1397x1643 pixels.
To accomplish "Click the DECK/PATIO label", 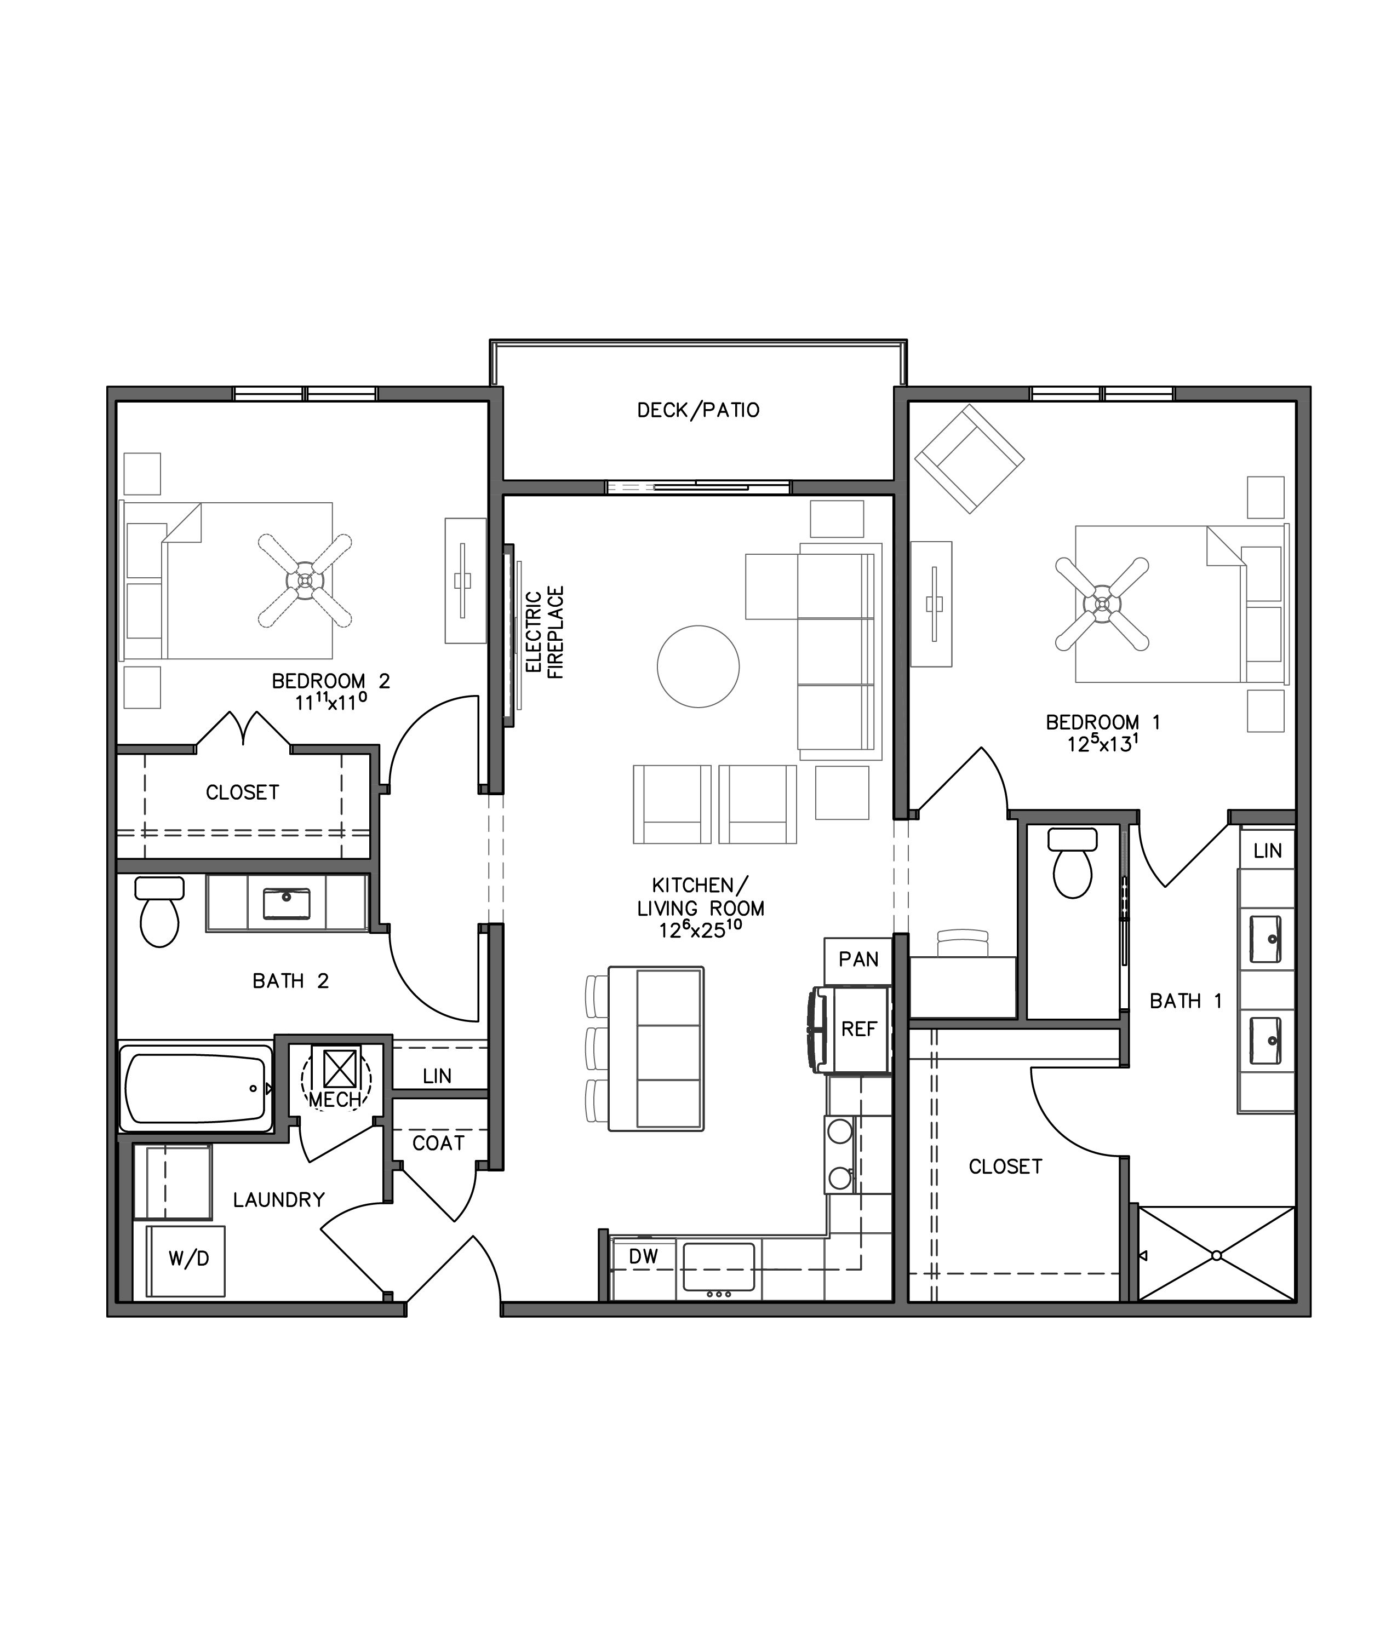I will pyautogui.click(x=698, y=410).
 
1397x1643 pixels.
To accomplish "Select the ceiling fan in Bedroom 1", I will pyautogui.click(x=1102, y=604).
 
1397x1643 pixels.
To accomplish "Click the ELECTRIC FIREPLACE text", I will pyautogui.click(x=545, y=633).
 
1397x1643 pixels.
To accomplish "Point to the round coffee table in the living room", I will pyautogui.click(x=698, y=666).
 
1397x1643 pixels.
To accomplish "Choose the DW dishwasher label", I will pyautogui.click(x=643, y=1256).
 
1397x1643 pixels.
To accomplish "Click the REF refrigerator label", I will pyautogui.click(x=858, y=1030).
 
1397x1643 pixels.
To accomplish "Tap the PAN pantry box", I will pyautogui.click(x=858, y=960).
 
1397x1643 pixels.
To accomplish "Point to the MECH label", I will pyautogui.click(x=335, y=1100).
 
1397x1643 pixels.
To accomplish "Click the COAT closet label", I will pyautogui.click(x=438, y=1144).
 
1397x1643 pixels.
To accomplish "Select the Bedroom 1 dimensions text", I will pyautogui.click(x=1102, y=744).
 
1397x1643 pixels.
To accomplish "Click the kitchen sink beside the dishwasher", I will pyautogui.click(x=718, y=1267).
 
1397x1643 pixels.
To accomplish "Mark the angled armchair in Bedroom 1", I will pyautogui.click(x=969, y=459).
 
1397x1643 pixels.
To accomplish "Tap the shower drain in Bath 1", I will pyautogui.click(x=1216, y=1256).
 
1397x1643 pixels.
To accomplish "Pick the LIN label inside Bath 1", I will pyautogui.click(x=1267, y=851).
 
